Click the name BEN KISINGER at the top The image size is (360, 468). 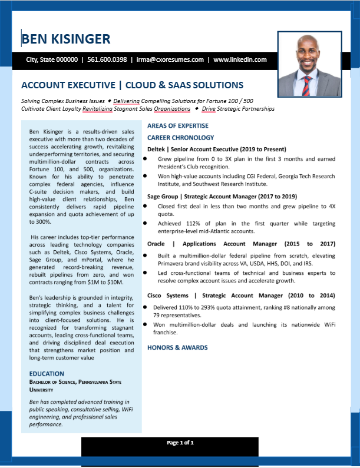pyautogui.click(x=65, y=39)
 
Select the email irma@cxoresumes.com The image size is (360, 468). pyautogui.click(x=170, y=59)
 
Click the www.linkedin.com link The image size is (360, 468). pyautogui.click(x=240, y=59)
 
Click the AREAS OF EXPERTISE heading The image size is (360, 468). pyautogui.click(x=177, y=126)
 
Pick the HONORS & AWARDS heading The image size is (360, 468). pyautogui.click(x=177, y=347)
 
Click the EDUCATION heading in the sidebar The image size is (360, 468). pyautogui.click(x=47, y=374)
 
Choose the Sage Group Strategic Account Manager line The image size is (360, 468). pyautogui.click(x=222, y=196)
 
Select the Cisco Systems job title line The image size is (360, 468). pyautogui.click(x=241, y=296)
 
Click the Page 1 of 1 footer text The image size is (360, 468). pyautogui.click(x=180, y=442)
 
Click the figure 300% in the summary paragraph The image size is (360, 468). pyautogui.click(x=39, y=222)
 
